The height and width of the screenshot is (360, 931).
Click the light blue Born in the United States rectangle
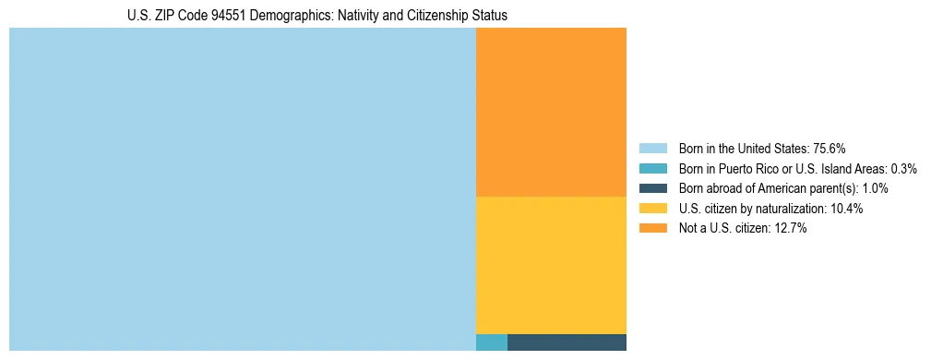[242, 189]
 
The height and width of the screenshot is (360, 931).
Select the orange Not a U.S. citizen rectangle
[551, 112]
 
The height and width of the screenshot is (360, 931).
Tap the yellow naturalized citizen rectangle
[551, 265]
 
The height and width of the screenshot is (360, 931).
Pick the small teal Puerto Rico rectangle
[491, 342]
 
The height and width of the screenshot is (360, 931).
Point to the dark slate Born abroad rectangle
[567, 342]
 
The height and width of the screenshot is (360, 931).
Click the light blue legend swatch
[652, 148]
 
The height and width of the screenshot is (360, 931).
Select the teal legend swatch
[652, 168]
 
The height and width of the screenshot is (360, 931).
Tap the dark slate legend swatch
[652, 188]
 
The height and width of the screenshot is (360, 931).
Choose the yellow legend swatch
[652, 209]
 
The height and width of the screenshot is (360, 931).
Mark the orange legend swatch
[652, 228]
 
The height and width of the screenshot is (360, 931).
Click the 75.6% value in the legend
[830, 148]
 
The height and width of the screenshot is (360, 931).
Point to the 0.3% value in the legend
[903, 168]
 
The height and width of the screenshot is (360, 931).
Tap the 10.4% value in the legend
[847, 209]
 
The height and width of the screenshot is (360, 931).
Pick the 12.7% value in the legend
[791, 228]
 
